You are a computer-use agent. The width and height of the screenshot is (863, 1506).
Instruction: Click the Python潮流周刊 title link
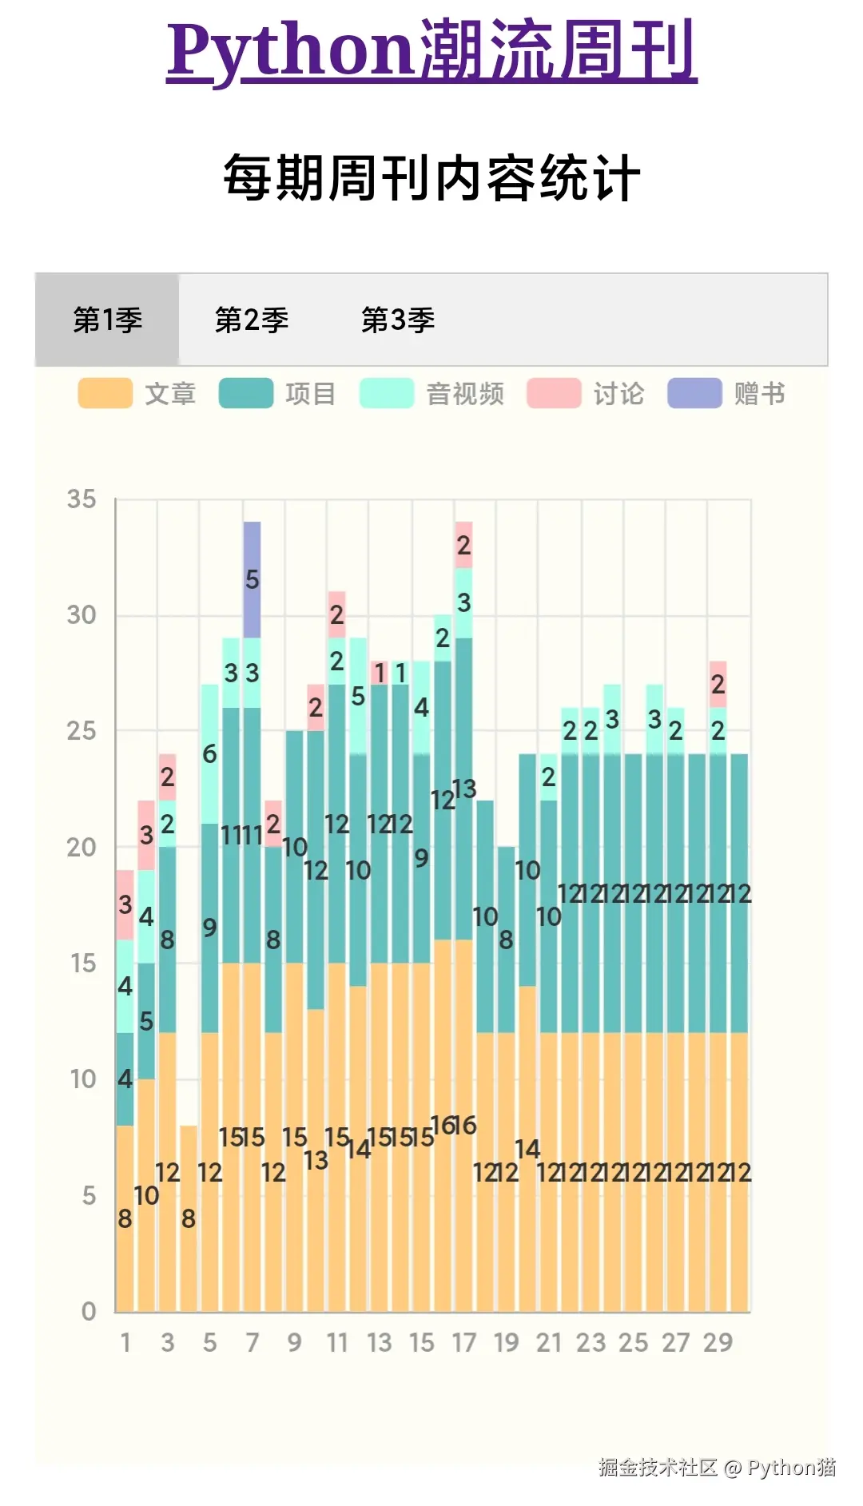click(x=431, y=52)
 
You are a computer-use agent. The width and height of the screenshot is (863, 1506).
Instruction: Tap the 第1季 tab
click(x=107, y=320)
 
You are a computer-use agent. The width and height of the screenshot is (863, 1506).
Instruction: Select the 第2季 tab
click(x=252, y=320)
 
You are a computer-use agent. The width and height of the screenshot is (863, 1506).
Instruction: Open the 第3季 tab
click(x=398, y=320)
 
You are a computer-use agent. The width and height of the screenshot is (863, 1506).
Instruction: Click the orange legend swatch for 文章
click(x=105, y=394)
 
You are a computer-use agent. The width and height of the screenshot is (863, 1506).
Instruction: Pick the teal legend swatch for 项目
click(x=246, y=394)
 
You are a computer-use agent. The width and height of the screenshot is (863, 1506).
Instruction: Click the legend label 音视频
click(x=465, y=394)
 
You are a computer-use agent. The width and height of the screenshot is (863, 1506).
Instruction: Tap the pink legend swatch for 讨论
click(x=554, y=394)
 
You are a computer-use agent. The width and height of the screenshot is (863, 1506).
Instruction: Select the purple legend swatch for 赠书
click(x=694, y=394)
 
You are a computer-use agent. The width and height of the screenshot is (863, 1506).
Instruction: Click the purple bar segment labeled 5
click(x=252, y=580)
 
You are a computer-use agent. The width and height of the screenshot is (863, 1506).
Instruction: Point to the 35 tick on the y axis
click(x=82, y=500)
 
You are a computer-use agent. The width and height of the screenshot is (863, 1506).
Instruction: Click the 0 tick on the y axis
click(x=89, y=1311)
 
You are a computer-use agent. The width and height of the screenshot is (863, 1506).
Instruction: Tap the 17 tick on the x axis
click(x=463, y=1343)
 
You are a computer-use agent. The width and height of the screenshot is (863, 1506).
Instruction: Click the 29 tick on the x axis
click(x=718, y=1343)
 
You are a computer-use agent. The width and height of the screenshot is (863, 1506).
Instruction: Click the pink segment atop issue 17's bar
click(x=463, y=545)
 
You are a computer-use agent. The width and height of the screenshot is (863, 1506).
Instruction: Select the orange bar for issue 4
click(x=189, y=1218)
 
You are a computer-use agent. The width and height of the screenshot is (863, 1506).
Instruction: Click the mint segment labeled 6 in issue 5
click(x=209, y=753)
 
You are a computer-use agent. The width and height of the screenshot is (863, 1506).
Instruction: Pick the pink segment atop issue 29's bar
click(x=718, y=684)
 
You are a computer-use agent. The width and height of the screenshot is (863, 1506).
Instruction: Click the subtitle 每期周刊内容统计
click(x=431, y=178)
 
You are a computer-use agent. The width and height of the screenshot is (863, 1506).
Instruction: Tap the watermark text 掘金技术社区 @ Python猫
click(x=717, y=1467)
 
